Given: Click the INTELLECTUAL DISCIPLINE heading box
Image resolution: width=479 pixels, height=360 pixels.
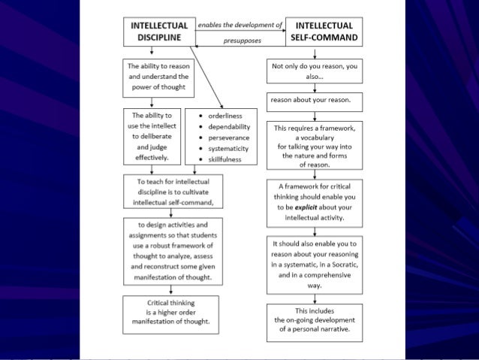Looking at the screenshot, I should [x=159, y=31].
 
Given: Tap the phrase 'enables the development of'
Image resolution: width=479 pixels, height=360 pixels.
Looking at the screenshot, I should [x=239, y=25].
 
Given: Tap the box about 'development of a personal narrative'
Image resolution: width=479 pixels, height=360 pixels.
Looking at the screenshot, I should [x=313, y=319].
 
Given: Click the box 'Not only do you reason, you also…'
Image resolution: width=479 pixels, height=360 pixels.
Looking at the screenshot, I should [x=313, y=71].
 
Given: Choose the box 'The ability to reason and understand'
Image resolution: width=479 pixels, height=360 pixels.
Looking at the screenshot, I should [x=159, y=77].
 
